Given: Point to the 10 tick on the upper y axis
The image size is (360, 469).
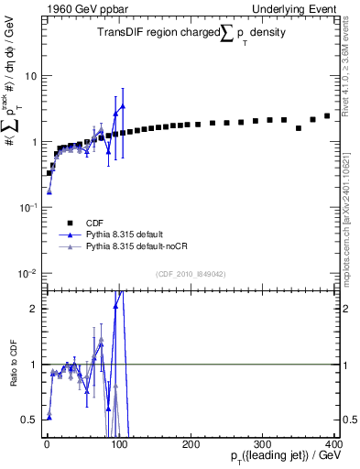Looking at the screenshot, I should coord(30,76).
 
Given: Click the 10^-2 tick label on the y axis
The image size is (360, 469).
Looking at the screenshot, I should coord(27,274).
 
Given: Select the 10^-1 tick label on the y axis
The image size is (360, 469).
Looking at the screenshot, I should coord(27,208).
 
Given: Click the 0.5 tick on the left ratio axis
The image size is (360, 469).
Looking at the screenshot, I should coord(29,420).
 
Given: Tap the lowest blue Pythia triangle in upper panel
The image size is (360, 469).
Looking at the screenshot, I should coord(49,192).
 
